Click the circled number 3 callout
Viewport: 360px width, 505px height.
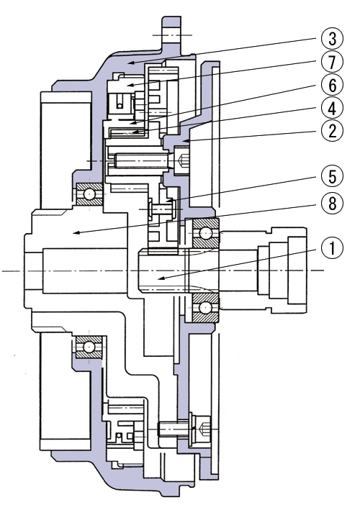(333, 38)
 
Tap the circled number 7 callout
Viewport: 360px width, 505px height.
(333, 62)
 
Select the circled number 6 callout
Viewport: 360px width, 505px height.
(333, 86)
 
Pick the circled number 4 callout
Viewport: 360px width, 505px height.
(333, 109)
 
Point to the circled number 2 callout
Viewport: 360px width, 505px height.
(333, 131)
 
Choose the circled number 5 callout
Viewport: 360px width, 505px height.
(333, 177)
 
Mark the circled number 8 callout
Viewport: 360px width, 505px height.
(333, 204)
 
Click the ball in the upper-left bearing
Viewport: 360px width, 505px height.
(89, 194)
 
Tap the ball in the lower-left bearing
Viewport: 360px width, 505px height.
(89, 347)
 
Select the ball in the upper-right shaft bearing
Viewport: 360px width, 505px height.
(205, 232)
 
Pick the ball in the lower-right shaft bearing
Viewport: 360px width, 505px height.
(205, 308)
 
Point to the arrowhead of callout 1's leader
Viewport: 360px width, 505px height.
(160, 278)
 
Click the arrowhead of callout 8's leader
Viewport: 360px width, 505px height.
(74, 233)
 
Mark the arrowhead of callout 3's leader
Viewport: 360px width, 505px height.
(130, 63)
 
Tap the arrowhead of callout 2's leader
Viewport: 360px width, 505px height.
(182, 140)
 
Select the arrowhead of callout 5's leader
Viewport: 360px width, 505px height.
(167, 201)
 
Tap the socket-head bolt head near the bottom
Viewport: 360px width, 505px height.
(202, 429)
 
